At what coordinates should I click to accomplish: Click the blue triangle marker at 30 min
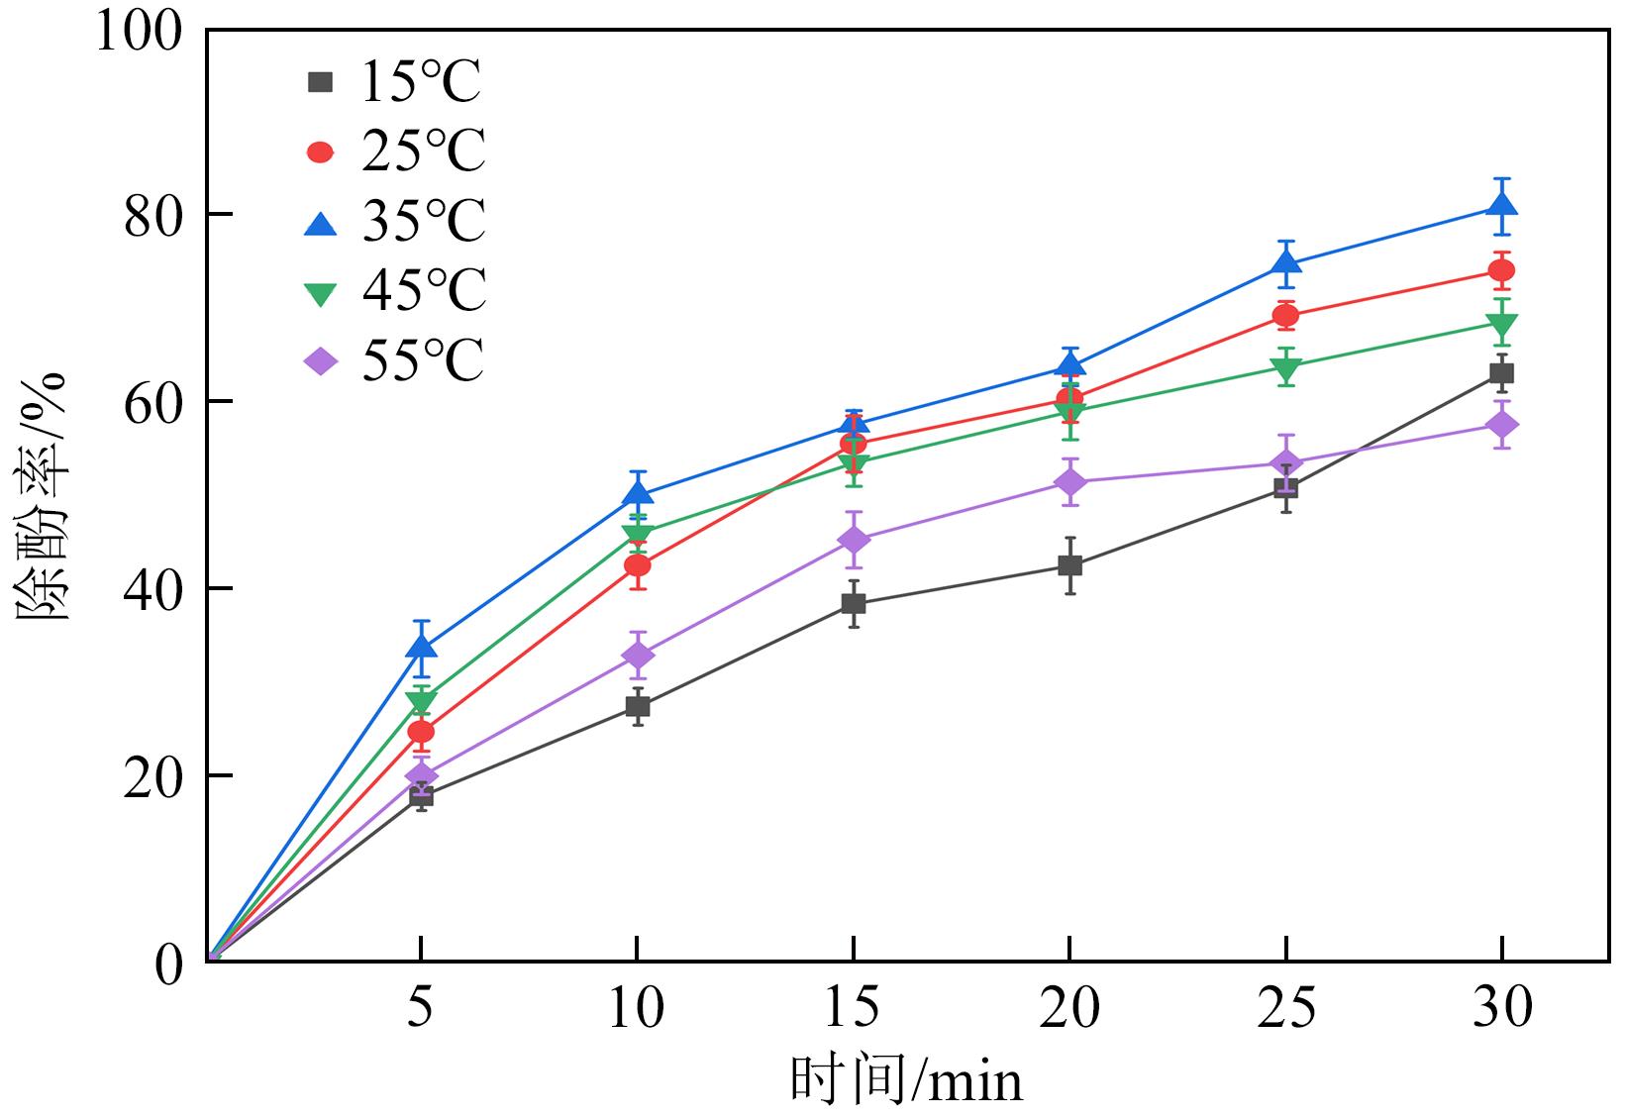(x=1502, y=205)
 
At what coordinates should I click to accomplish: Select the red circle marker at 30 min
(x=1502, y=270)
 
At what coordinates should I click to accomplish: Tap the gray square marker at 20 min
(x=1069, y=565)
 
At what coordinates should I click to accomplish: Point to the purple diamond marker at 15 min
(x=854, y=540)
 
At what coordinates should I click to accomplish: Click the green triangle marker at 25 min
(x=1286, y=368)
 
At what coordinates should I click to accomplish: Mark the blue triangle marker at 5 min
(x=421, y=647)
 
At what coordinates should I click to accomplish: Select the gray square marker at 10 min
(x=638, y=706)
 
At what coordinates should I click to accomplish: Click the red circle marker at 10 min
(x=638, y=565)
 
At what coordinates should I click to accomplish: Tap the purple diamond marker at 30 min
(x=1502, y=425)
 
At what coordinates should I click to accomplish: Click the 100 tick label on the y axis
(x=139, y=32)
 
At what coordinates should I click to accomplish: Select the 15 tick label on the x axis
(x=852, y=1008)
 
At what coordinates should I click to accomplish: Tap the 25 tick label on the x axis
(x=1286, y=1008)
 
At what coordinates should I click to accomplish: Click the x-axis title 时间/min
(x=905, y=1080)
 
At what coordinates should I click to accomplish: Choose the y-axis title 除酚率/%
(x=42, y=495)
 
